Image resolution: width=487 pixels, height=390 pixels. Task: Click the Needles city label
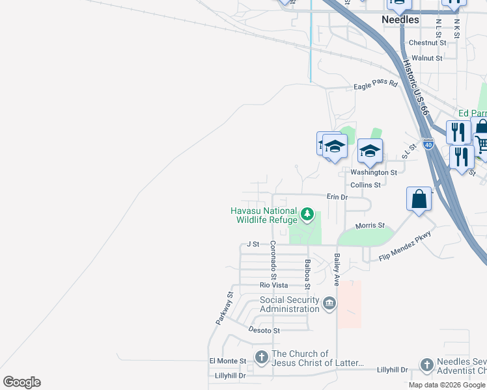(x=400, y=20)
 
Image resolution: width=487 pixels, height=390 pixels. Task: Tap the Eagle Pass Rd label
(x=375, y=84)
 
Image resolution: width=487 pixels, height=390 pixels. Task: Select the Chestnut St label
(x=427, y=43)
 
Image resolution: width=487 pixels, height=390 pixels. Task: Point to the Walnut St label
(x=427, y=58)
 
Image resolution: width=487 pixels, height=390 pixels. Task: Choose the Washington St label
(x=374, y=172)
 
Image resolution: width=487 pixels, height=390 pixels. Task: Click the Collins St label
(x=365, y=185)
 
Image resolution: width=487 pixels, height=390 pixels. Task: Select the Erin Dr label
(x=337, y=196)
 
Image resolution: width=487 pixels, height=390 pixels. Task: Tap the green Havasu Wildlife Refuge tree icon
(x=307, y=213)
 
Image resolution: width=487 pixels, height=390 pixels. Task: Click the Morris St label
(x=370, y=226)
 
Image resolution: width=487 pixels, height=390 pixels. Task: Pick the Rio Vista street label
(x=273, y=285)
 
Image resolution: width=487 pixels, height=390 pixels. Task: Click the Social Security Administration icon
(x=329, y=304)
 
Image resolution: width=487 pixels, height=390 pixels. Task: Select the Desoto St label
(x=264, y=330)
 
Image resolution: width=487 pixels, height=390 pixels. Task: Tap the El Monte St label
(x=227, y=361)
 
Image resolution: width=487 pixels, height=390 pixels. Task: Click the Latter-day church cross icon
(x=261, y=357)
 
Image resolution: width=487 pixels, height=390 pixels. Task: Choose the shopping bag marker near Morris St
(x=420, y=199)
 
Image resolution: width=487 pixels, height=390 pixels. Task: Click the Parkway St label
(x=223, y=309)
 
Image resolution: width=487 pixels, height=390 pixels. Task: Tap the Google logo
(x=21, y=382)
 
